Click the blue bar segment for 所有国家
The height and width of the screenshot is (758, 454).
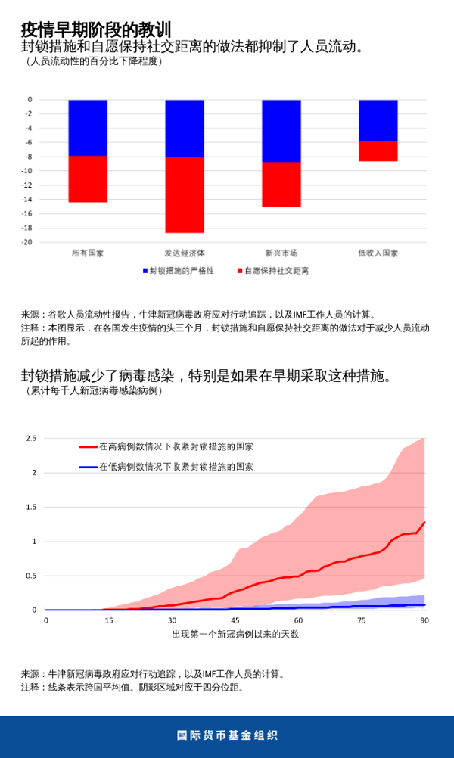[x=88, y=128]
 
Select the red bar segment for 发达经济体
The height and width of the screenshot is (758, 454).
[x=185, y=195]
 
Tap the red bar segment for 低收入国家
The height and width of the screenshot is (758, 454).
[x=378, y=151]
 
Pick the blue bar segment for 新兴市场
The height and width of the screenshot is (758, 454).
[x=281, y=131]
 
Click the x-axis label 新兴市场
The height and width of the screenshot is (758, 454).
[x=281, y=253]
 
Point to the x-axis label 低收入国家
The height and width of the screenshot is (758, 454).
[x=378, y=253]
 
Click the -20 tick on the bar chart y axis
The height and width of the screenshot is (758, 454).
[x=26, y=242]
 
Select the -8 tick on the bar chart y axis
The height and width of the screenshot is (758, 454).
[x=28, y=157]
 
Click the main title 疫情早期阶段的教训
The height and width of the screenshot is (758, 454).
[x=96, y=30]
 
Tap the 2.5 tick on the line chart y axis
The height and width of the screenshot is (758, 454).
[x=31, y=438]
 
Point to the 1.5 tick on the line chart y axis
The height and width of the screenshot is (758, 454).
[x=31, y=507]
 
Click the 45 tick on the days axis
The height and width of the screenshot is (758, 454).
[x=235, y=620]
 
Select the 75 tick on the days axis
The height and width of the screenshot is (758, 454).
[x=362, y=620]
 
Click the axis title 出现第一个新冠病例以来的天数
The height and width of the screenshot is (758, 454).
[x=235, y=634]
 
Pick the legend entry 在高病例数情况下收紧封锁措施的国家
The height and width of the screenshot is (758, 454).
[x=176, y=446]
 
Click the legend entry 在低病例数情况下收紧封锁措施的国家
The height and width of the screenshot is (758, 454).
[x=176, y=467]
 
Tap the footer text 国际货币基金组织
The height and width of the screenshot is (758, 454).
[x=227, y=735]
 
